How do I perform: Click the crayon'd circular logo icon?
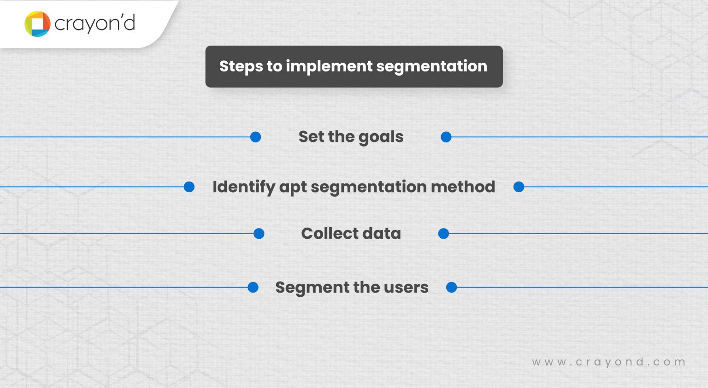pos(37,24)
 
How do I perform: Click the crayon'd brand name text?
pos(94,24)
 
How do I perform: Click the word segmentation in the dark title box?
pos(431,66)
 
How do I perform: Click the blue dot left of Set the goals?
pos(255,137)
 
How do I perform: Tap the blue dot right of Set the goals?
pos(446,137)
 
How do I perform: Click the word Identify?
pos(243,187)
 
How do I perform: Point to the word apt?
pos(293,188)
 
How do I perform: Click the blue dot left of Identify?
pos(189,187)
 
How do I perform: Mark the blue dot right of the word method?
pos(519,187)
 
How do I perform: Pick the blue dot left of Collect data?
pos(259,234)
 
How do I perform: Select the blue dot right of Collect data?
pos(443,234)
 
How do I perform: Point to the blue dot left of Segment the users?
pos(253,288)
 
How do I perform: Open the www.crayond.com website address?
pos(608,362)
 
